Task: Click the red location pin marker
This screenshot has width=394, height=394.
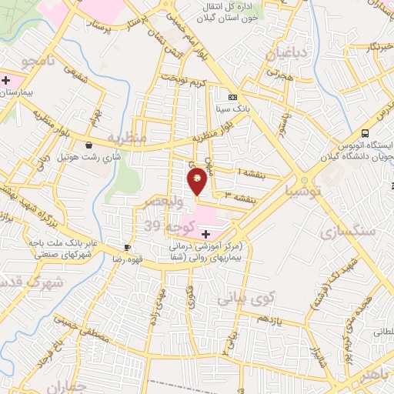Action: [198, 180]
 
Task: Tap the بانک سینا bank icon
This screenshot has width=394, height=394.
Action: [232, 97]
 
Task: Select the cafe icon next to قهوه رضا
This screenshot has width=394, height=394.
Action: [126, 247]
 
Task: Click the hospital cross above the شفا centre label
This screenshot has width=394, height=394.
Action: [205, 233]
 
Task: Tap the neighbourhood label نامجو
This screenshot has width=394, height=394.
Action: [38, 59]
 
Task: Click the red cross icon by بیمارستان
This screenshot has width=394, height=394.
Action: [6, 80]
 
